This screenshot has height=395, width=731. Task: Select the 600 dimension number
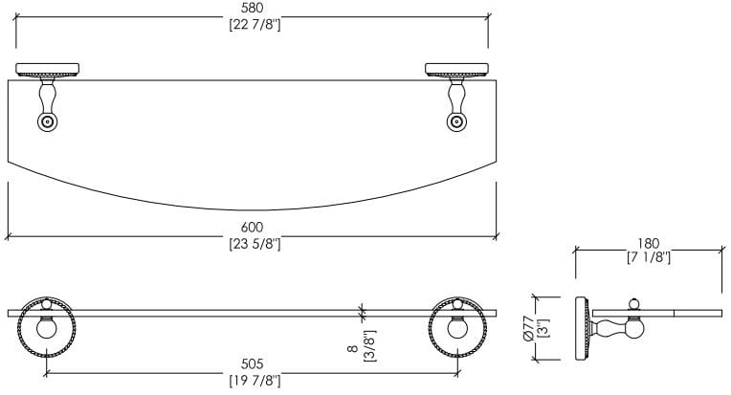click(252, 228)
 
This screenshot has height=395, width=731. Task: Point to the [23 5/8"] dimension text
click(252, 244)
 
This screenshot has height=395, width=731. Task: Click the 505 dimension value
click(252, 364)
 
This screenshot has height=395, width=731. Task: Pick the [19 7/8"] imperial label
click(252, 381)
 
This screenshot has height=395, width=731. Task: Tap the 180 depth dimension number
click(648, 242)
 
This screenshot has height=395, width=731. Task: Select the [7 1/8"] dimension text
click(648, 257)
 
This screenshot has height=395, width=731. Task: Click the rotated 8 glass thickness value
click(352, 350)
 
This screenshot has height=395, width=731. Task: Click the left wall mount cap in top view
click(47, 70)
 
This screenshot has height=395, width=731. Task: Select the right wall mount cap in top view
click(456, 70)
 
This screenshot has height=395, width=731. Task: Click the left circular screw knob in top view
click(47, 121)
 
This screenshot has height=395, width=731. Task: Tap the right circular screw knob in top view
click(456, 121)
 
